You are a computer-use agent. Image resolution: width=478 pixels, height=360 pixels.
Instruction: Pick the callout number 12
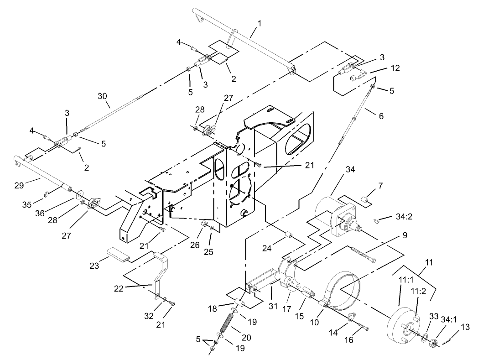[x=395, y=68]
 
